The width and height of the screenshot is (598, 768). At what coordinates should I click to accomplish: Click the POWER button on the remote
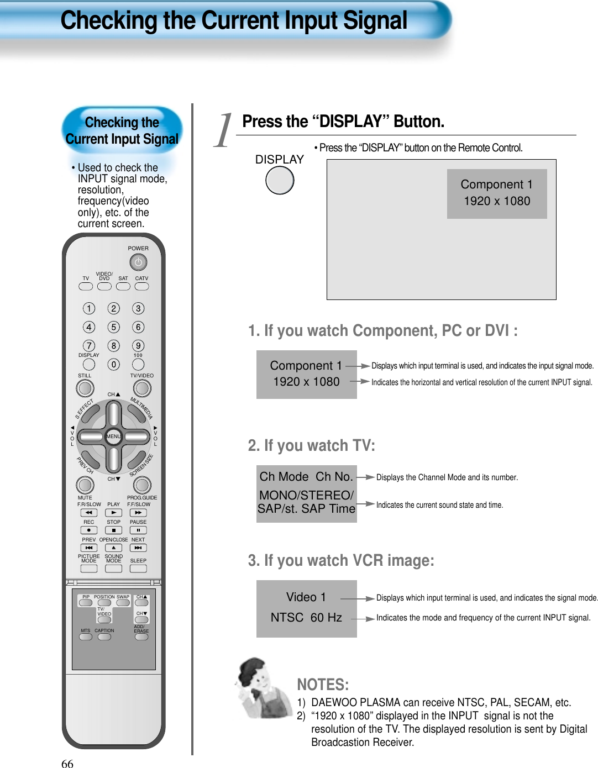coord(138,262)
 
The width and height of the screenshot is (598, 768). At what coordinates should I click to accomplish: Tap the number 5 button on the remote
coord(113,327)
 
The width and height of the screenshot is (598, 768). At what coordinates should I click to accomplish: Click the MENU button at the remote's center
coord(113,436)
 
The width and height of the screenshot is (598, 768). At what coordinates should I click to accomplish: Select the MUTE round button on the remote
coord(85,485)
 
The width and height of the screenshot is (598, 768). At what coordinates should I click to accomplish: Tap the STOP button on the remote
coord(113,530)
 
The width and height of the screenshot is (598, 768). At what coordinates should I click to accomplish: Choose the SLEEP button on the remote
coord(138,569)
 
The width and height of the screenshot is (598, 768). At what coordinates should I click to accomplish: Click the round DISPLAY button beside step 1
coord(280,181)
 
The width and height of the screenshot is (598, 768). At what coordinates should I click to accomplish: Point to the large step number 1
coord(223,131)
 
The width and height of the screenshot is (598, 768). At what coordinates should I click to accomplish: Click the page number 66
coord(67,764)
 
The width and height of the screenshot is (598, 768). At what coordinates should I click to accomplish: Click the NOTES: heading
coord(323,685)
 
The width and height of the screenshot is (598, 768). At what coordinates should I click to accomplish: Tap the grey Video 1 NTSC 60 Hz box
coord(306,608)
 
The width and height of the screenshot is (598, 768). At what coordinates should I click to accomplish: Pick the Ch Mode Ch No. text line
coord(306,476)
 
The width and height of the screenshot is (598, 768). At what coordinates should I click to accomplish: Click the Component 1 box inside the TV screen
coord(496,193)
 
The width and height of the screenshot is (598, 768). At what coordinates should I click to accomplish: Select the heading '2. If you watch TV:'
coord(311,445)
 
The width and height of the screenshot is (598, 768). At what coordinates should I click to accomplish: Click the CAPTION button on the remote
coord(104,637)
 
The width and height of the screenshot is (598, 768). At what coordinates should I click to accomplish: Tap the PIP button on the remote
coord(86,603)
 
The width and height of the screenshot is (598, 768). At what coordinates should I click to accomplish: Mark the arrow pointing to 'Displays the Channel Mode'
coord(365,477)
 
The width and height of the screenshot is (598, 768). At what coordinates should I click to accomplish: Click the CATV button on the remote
coord(142,286)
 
